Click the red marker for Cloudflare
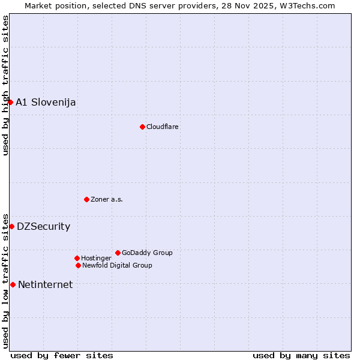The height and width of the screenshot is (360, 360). tap(142, 127)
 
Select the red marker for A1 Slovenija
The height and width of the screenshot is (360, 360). tap(10, 102)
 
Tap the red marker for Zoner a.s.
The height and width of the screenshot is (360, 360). tap(86, 199)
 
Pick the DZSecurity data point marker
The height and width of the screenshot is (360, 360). tap(11, 226)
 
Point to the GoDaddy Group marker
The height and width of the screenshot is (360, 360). tap(118, 253)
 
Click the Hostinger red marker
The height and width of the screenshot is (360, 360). tap(77, 258)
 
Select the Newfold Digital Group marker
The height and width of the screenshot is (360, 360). tap(78, 265)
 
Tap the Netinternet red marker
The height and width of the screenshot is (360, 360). tap(13, 284)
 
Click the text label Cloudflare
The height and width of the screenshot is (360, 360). tap(163, 127)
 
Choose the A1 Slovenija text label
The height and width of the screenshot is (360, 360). tap(46, 102)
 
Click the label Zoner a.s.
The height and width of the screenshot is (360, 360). tap(107, 199)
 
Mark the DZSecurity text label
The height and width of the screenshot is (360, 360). tap(43, 226)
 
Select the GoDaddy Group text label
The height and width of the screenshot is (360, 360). tap(147, 253)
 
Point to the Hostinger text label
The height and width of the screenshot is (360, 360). tap(96, 258)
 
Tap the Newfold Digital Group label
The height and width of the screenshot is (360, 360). tap(117, 265)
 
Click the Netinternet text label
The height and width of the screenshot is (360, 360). tap(45, 284)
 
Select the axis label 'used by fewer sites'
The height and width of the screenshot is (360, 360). tap(62, 355)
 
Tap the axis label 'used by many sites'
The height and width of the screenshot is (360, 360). tap(301, 355)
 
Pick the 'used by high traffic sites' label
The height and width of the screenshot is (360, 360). tap(5, 85)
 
